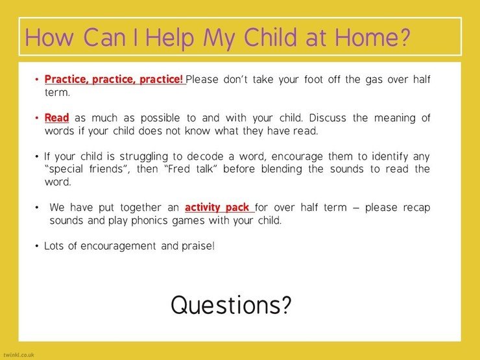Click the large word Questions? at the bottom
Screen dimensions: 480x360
(x=231, y=306)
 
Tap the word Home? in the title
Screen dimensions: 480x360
(x=372, y=37)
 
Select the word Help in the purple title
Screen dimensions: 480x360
(x=169, y=38)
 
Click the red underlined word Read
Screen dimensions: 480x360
(x=56, y=117)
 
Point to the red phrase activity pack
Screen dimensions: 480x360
(x=217, y=208)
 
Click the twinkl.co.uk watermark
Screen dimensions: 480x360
(x=19, y=355)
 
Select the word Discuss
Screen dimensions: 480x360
(x=328, y=117)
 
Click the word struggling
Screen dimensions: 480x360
(x=143, y=157)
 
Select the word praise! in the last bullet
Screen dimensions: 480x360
(x=198, y=246)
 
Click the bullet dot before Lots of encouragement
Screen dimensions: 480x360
(x=37, y=246)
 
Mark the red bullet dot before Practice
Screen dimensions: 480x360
(x=37, y=80)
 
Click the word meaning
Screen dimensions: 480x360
(x=395, y=118)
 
